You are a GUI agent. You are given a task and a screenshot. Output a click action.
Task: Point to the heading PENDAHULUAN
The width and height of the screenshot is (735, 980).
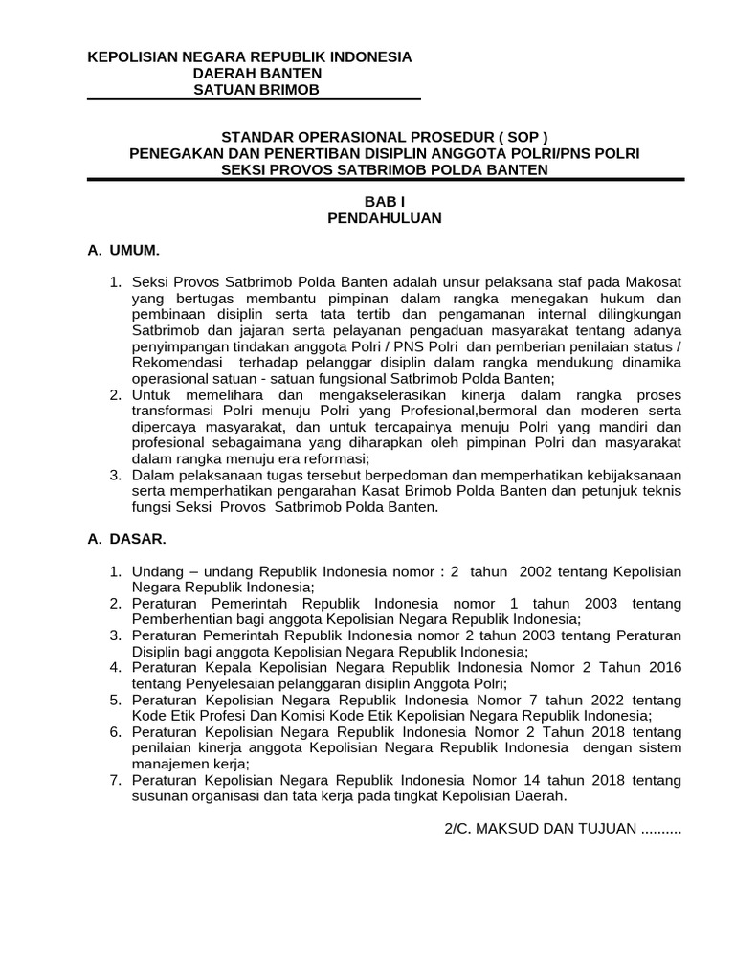coord(385,218)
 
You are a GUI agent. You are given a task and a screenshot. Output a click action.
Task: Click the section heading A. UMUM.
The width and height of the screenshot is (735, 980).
coord(123,251)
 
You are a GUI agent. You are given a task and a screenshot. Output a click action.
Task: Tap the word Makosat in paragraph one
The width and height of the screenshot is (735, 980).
coord(654,283)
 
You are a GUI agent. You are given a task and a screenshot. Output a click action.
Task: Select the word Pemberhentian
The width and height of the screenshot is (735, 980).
coord(179,618)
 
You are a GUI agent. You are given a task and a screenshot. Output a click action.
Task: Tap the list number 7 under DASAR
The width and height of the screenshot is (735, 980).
coord(114,780)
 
